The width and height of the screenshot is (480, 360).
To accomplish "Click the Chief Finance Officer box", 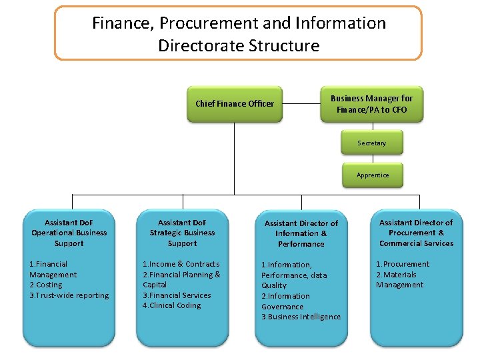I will tap(234, 104).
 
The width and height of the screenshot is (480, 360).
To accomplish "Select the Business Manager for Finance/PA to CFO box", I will tap(371, 104).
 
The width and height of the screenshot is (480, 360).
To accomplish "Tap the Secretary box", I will tap(371, 143).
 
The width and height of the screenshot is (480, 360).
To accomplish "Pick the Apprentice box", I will tap(372, 175).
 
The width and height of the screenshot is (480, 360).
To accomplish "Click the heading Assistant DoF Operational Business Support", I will tap(69, 233).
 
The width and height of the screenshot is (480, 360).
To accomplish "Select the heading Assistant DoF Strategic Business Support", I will tap(182, 233).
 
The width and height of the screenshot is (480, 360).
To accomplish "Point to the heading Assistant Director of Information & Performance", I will tap(301, 233).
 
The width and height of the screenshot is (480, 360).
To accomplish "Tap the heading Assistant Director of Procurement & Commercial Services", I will tap(416, 233).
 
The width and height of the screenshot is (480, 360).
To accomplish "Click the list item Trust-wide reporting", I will tap(69, 295).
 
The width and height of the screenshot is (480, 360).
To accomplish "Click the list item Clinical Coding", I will tap(171, 305).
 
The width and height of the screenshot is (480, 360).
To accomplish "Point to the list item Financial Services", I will tap(177, 295).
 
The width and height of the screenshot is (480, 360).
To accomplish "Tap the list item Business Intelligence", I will tap(301, 317).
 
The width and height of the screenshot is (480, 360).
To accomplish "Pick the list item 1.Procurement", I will tap(403, 264).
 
